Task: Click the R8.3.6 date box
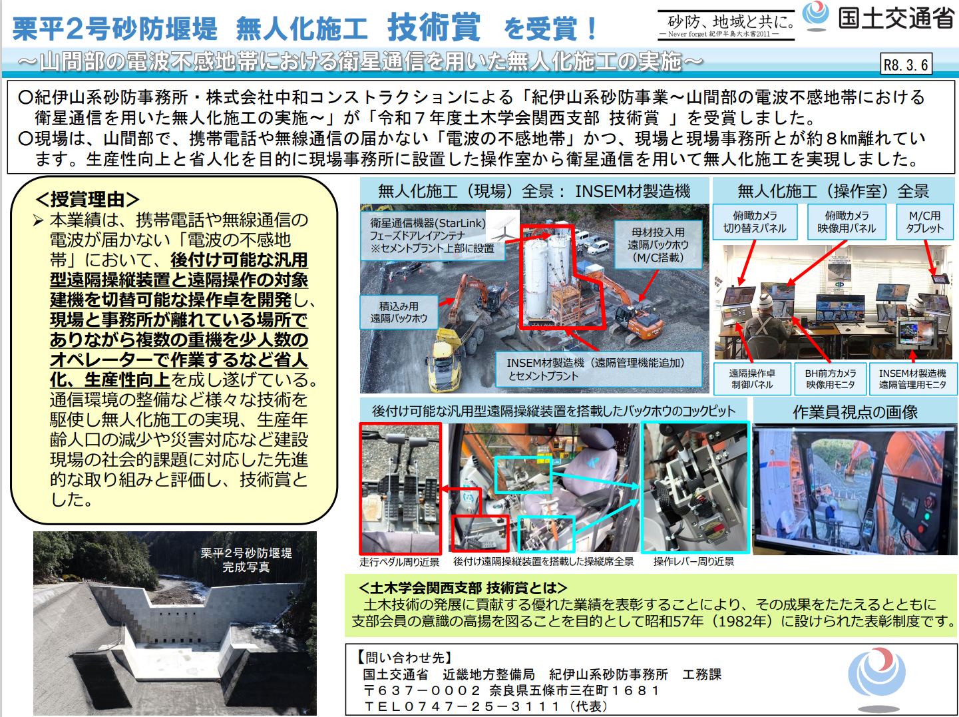pyautogui.click(x=906, y=64)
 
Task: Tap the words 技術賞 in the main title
pyautogui.click(x=433, y=27)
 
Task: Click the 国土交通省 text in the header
pyautogui.click(x=896, y=19)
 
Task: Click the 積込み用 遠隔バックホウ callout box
pyautogui.click(x=399, y=312)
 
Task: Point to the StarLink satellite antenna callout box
pyautogui.click(x=433, y=236)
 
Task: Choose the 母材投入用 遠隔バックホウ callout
pyautogui.click(x=658, y=245)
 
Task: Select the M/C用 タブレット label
pyautogui.click(x=924, y=222)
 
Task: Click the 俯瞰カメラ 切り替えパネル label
pyautogui.click(x=755, y=222)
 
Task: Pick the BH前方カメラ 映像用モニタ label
pyautogui.click(x=830, y=379)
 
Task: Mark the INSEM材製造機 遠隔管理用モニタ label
pyautogui.click(x=912, y=379)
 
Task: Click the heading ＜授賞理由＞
pyautogui.click(x=87, y=199)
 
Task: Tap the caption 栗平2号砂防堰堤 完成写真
pyautogui.click(x=246, y=560)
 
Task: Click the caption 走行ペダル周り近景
pyautogui.click(x=399, y=562)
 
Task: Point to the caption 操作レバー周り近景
pyautogui.click(x=693, y=562)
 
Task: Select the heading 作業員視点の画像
pyautogui.click(x=855, y=412)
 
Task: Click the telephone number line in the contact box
pyautogui.click(x=485, y=706)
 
